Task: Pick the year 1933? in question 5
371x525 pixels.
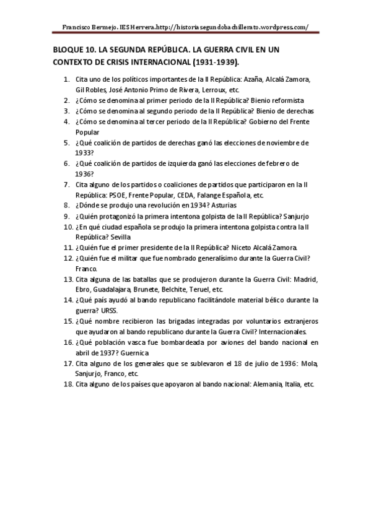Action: [x=85, y=153]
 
